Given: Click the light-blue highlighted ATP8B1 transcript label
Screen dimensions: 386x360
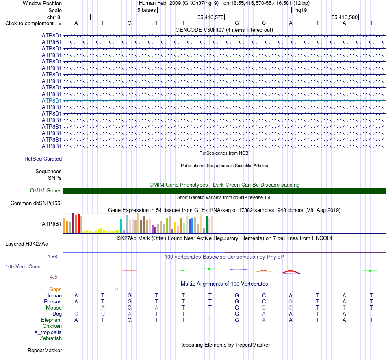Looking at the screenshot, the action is [x=52, y=100].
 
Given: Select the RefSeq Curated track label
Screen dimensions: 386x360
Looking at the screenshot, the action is [x=43, y=159].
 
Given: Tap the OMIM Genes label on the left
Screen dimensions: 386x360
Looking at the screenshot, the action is [x=46, y=190].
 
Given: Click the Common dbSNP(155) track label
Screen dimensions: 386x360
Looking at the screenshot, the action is [x=36, y=203].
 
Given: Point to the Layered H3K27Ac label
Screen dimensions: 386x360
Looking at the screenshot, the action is [x=26, y=244].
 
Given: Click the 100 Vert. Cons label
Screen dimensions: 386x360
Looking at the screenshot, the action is [x=23, y=266].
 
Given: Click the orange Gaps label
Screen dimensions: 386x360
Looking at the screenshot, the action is [x=55, y=290].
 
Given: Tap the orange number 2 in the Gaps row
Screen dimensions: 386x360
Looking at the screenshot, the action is [x=117, y=290].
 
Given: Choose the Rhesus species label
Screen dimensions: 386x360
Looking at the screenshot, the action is [x=53, y=301].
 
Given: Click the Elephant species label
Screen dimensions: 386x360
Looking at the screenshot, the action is [x=52, y=320].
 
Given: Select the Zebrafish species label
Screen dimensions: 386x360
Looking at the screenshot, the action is [x=51, y=338].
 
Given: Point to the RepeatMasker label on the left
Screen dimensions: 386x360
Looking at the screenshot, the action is [x=45, y=350].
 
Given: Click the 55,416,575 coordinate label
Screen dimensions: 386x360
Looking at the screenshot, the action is [x=210, y=17].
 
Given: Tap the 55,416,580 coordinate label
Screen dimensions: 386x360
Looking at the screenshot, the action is [x=345, y=17].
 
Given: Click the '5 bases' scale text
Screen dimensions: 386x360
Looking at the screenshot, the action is [x=146, y=10].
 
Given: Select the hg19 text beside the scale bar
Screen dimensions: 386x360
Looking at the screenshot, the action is [x=301, y=10].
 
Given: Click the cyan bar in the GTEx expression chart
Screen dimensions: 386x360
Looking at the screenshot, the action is [x=121, y=226].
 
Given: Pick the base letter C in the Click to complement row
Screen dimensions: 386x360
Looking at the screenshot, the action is [x=264, y=23].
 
